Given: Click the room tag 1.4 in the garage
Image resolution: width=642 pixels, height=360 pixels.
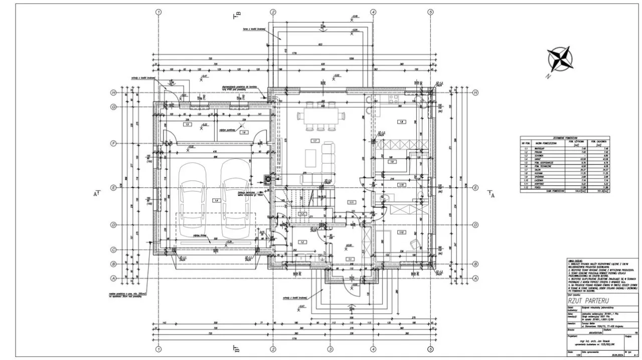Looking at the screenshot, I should (x=217, y=200).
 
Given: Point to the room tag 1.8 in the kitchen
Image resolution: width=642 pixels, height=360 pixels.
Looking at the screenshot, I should (x=401, y=122).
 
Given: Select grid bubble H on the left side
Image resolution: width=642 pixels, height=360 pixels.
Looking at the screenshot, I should (x=114, y=93).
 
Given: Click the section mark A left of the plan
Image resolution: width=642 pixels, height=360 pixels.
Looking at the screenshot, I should (x=96, y=193).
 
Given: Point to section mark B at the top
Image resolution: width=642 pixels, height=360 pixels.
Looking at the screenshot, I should (x=237, y=15).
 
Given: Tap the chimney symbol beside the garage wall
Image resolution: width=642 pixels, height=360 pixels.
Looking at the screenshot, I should (x=268, y=178).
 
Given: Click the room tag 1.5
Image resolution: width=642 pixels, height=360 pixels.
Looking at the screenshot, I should (x=187, y=124).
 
